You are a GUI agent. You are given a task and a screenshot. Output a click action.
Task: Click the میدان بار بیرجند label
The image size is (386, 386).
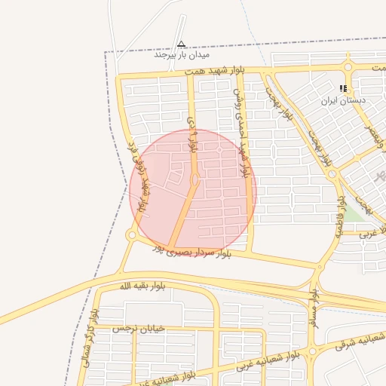(181, 55)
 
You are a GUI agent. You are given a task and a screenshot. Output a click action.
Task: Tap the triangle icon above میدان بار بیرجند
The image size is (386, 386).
(181, 44)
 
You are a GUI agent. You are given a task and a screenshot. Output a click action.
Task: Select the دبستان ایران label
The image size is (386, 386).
(342, 100)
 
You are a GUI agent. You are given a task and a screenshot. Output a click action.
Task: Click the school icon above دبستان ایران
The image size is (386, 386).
(343, 88)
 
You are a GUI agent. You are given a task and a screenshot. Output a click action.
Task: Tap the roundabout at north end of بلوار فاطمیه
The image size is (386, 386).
(332, 173)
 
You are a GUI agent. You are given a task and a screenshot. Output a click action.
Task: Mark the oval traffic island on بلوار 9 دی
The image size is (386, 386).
(195, 179)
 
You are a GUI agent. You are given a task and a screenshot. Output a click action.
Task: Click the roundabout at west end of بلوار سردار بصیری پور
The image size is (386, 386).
(131, 236)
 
